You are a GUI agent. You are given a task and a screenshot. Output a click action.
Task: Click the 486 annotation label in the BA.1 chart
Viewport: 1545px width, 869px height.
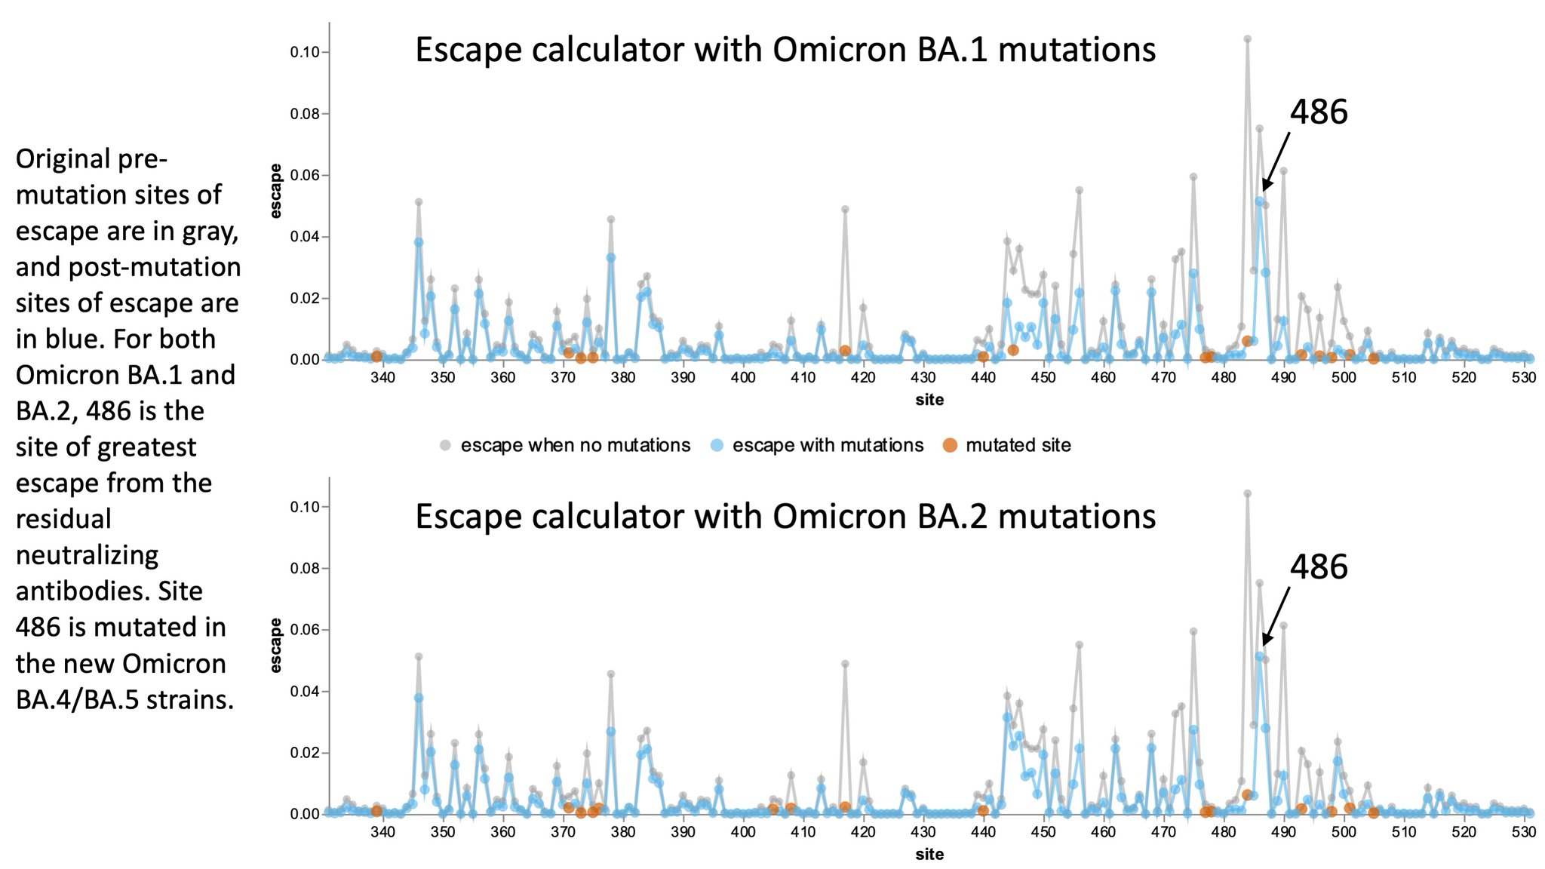1318,112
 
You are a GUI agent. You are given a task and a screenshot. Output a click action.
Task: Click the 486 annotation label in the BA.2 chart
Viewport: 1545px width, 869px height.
1318,567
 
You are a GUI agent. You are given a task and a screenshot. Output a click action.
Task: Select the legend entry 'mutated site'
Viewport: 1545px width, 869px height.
1017,445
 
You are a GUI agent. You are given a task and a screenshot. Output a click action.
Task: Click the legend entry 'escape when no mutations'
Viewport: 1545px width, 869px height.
575,445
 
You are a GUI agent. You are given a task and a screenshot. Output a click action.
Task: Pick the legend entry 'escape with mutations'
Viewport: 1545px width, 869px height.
827,445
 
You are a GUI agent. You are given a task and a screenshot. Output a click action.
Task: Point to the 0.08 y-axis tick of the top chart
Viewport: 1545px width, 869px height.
306,114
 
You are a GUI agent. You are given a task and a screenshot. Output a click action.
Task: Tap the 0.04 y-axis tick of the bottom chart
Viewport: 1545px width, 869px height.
306,691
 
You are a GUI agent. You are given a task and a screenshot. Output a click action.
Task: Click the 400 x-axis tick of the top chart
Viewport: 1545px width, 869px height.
743,377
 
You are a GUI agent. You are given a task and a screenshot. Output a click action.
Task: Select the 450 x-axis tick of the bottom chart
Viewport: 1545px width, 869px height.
1043,831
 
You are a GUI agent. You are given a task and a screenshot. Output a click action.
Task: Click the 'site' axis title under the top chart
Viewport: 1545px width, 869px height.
929,400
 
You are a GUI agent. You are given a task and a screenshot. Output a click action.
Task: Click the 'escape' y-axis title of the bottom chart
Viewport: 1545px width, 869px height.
276,645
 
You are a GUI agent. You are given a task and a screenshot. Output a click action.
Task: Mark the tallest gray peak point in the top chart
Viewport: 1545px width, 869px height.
1247,39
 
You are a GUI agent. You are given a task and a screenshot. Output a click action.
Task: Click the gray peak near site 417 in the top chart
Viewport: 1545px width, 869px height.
845,210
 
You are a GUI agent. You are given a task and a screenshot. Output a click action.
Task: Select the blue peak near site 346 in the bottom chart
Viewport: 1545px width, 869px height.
419,698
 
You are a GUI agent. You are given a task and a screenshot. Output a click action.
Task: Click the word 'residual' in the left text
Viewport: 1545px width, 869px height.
63,519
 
